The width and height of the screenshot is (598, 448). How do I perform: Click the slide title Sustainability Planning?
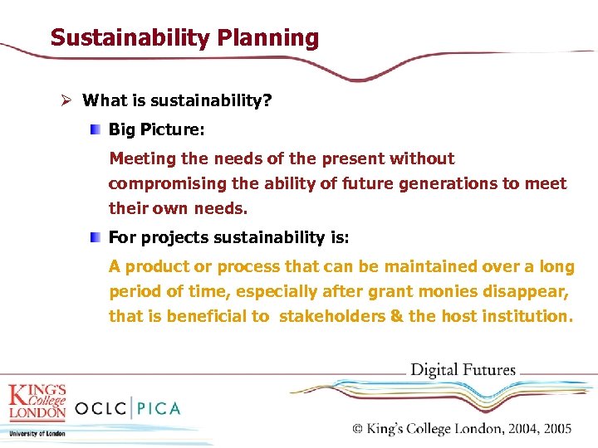(x=184, y=38)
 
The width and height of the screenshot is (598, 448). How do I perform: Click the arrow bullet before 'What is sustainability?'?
(x=69, y=100)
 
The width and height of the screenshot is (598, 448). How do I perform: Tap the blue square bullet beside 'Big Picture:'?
(x=97, y=129)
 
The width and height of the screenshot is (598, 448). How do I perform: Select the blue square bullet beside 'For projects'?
(x=97, y=238)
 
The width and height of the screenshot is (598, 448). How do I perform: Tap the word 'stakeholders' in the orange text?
(x=330, y=316)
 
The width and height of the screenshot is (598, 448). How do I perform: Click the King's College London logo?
(x=37, y=402)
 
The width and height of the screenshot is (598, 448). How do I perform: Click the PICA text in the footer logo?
(x=159, y=408)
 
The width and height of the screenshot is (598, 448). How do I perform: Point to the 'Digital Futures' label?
(x=463, y=370)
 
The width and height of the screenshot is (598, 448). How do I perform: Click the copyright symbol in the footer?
(x=359, y=429)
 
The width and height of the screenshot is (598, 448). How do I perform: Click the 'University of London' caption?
(x=37, y=433)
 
